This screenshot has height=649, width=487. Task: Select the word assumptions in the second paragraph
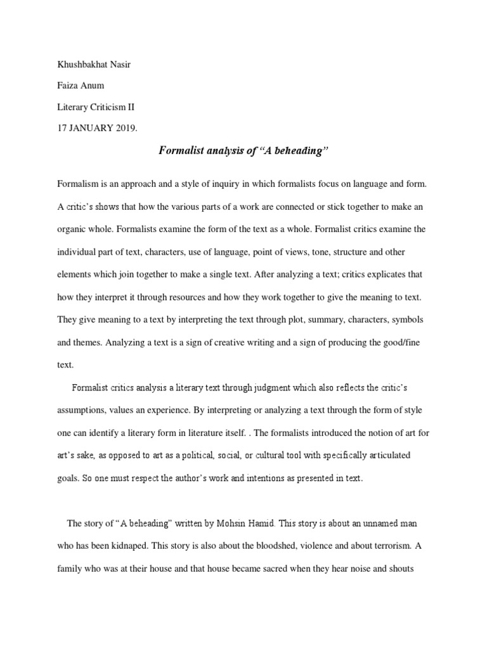(x=83, y=410)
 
